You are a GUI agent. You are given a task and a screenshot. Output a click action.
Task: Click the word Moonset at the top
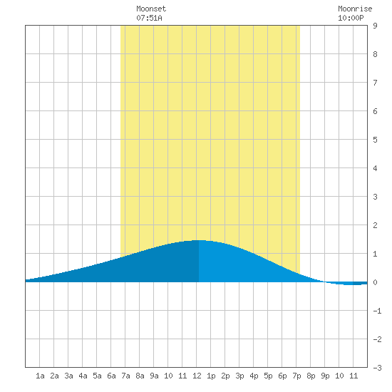point(151,9)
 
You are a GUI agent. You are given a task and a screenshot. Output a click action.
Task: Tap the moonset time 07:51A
point(149,18)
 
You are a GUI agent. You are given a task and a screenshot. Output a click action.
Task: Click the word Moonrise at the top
point(355,9)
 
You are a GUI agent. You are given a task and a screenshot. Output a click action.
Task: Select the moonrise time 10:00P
point(351,18)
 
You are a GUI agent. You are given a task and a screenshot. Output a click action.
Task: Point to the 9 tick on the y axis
point(375,26)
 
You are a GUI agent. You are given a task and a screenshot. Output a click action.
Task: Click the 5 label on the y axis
point(375,140)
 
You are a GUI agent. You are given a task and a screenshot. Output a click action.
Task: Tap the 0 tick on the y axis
point(375,282)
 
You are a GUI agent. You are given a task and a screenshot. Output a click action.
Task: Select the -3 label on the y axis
point(377,368)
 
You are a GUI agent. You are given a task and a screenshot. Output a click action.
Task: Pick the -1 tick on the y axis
point(377,311)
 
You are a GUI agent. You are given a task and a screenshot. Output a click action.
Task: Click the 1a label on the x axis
point(40,376)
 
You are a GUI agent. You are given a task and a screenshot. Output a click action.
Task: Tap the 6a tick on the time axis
point(111,376)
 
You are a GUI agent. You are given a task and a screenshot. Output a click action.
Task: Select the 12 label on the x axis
point(197,376)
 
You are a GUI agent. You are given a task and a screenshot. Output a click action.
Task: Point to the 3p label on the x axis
point(239,376)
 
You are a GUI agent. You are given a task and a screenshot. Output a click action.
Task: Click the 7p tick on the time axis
point(296,376)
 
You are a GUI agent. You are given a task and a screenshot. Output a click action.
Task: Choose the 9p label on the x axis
point(325,376)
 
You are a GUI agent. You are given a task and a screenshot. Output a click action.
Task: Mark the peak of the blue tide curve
point(200,240)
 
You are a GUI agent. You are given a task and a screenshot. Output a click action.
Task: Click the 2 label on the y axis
point(375,225)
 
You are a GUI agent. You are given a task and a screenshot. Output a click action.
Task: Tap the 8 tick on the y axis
point(375,54)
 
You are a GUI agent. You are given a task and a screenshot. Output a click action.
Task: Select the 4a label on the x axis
point(83,376)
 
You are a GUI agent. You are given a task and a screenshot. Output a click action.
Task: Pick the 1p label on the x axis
point(211,376)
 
